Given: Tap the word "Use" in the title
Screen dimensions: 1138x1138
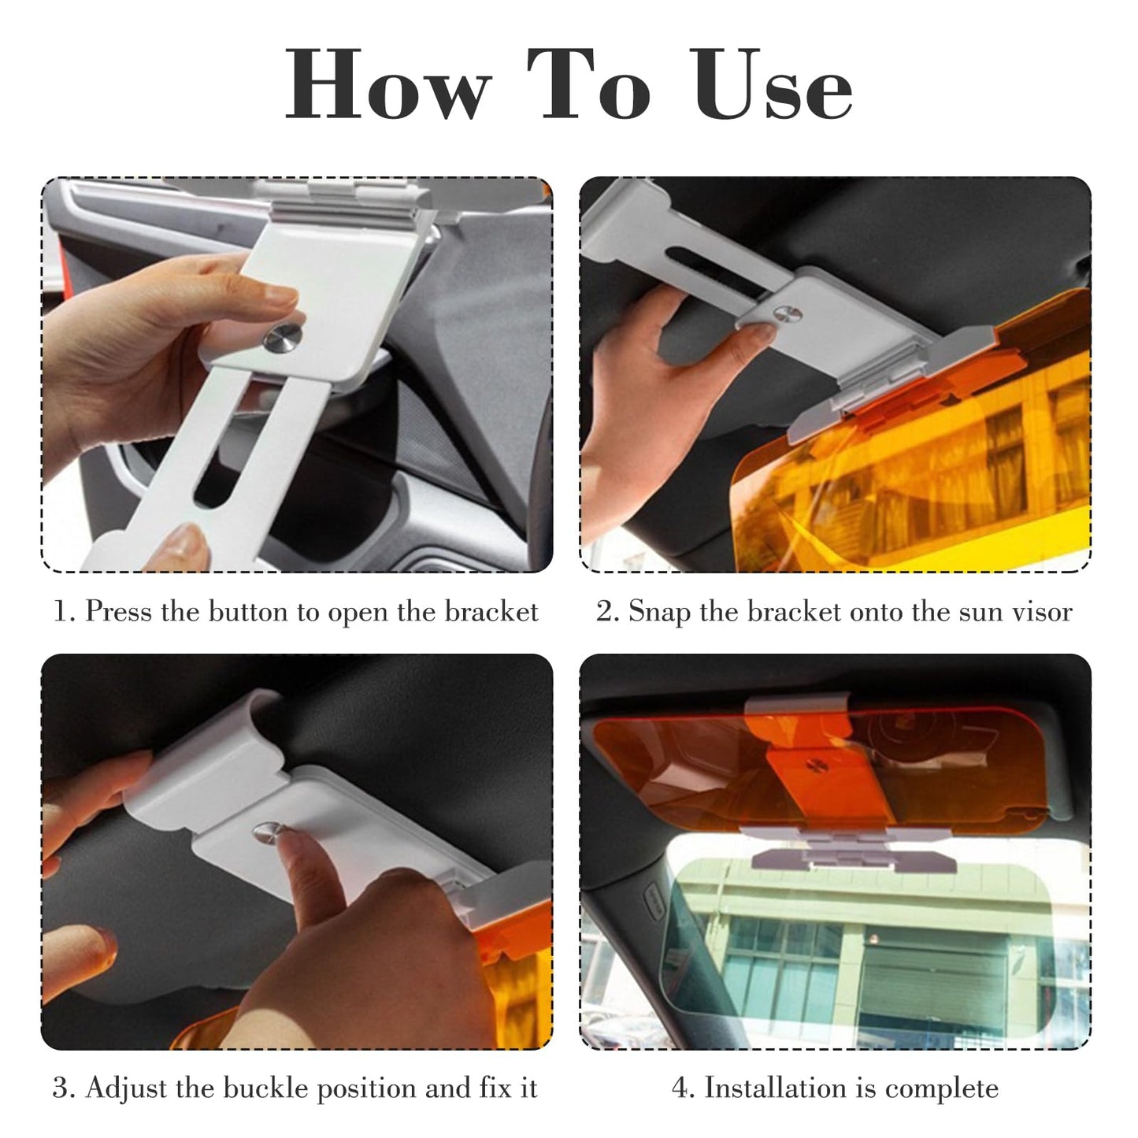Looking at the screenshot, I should coord(773,84).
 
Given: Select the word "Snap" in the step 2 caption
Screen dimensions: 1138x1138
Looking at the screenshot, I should coord(656,612).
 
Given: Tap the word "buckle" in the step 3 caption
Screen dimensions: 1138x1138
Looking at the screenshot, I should coord(267,1088).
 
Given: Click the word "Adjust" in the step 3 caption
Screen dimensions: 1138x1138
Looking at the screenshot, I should coord(126,1088).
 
